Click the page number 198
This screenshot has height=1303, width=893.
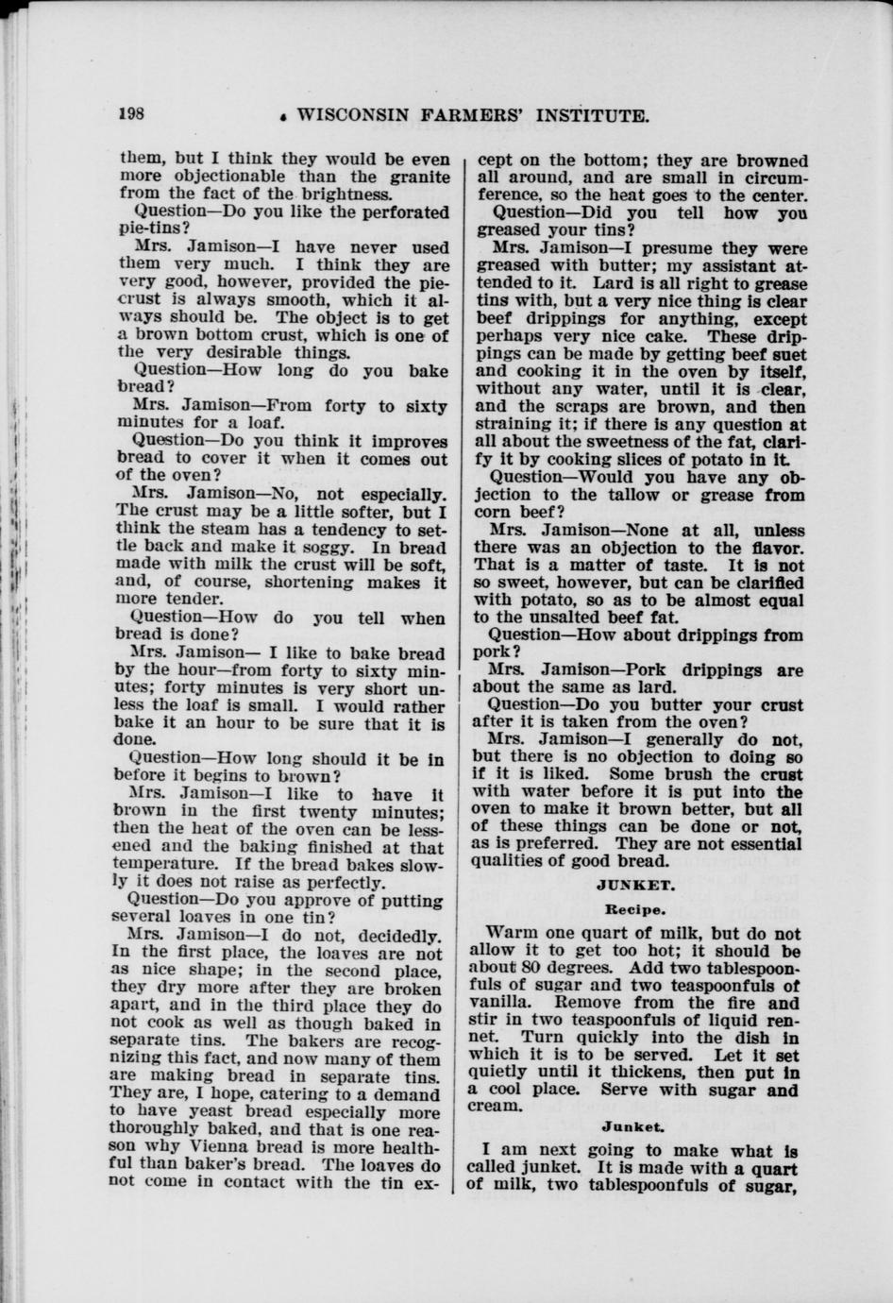tap(130, 115)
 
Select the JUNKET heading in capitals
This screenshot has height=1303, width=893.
tap(634, 886)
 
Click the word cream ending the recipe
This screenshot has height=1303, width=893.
tap(495, 1107)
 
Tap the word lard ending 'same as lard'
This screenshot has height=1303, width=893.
tap(651, 687)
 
